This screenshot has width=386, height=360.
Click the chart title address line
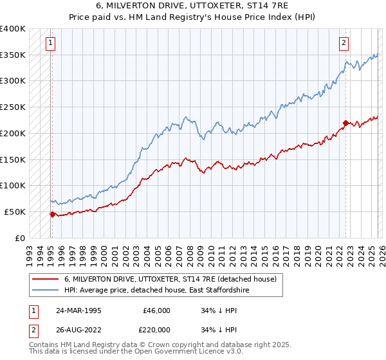pos(192,6)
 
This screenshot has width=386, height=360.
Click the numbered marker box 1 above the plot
pos(51,43)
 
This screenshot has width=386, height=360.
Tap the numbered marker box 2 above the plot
pos(344,43)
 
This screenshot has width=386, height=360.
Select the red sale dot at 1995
pos(52,214)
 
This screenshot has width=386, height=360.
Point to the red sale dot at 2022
pos(345,123)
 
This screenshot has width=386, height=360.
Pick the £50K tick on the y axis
pos(15,212)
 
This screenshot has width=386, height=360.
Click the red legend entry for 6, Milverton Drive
pos(170,280)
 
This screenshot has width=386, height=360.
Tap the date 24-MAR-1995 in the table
pos(78,310)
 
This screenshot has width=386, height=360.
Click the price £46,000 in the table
pos(156,310)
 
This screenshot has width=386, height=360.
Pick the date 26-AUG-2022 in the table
pos(78,330)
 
